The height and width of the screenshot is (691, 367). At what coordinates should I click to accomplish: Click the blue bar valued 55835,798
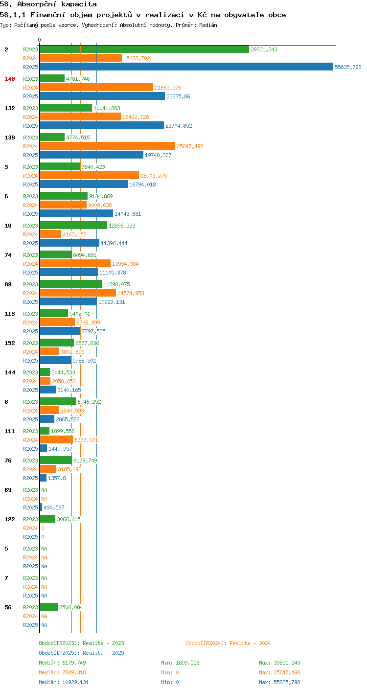click(x=186, y=67)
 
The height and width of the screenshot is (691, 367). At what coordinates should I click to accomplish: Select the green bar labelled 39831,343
click(x=144, y=49)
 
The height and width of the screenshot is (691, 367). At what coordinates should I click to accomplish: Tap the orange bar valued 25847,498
click(x=108, y=146)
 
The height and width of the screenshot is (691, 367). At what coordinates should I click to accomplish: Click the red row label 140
click(x=10, y=79)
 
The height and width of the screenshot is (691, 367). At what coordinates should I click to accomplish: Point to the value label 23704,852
click(x=179, y=126)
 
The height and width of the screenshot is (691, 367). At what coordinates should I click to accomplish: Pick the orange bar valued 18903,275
click(x=90, y=175)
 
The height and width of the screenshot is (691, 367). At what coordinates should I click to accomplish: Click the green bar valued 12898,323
click(x=73, y=225)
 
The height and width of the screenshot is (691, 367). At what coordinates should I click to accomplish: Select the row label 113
click(x=10, y=314)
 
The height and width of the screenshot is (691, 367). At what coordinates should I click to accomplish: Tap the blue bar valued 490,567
click(x=41, y=507)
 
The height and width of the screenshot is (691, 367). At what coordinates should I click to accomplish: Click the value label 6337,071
click(x=86, y=440)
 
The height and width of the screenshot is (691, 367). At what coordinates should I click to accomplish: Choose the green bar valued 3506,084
click(x=49, y=607)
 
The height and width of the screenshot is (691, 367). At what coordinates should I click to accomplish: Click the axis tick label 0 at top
click(x=39, y=40)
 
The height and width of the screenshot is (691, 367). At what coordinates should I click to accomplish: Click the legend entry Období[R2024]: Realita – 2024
click(x=228, y=643)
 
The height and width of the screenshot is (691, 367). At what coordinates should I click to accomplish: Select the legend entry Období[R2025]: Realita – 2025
click(x=81, y=653)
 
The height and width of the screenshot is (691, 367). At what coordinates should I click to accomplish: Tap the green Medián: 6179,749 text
click(x=62, y=663)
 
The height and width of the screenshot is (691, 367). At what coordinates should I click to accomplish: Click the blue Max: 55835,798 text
click(x=279, y=682)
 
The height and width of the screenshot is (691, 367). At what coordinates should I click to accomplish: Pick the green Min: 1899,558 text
click(x=180, y=663)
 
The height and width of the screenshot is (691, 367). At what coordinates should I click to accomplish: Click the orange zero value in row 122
click(x=43, y=528)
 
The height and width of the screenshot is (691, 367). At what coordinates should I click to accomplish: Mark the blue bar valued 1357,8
click(x=43, y=478)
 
